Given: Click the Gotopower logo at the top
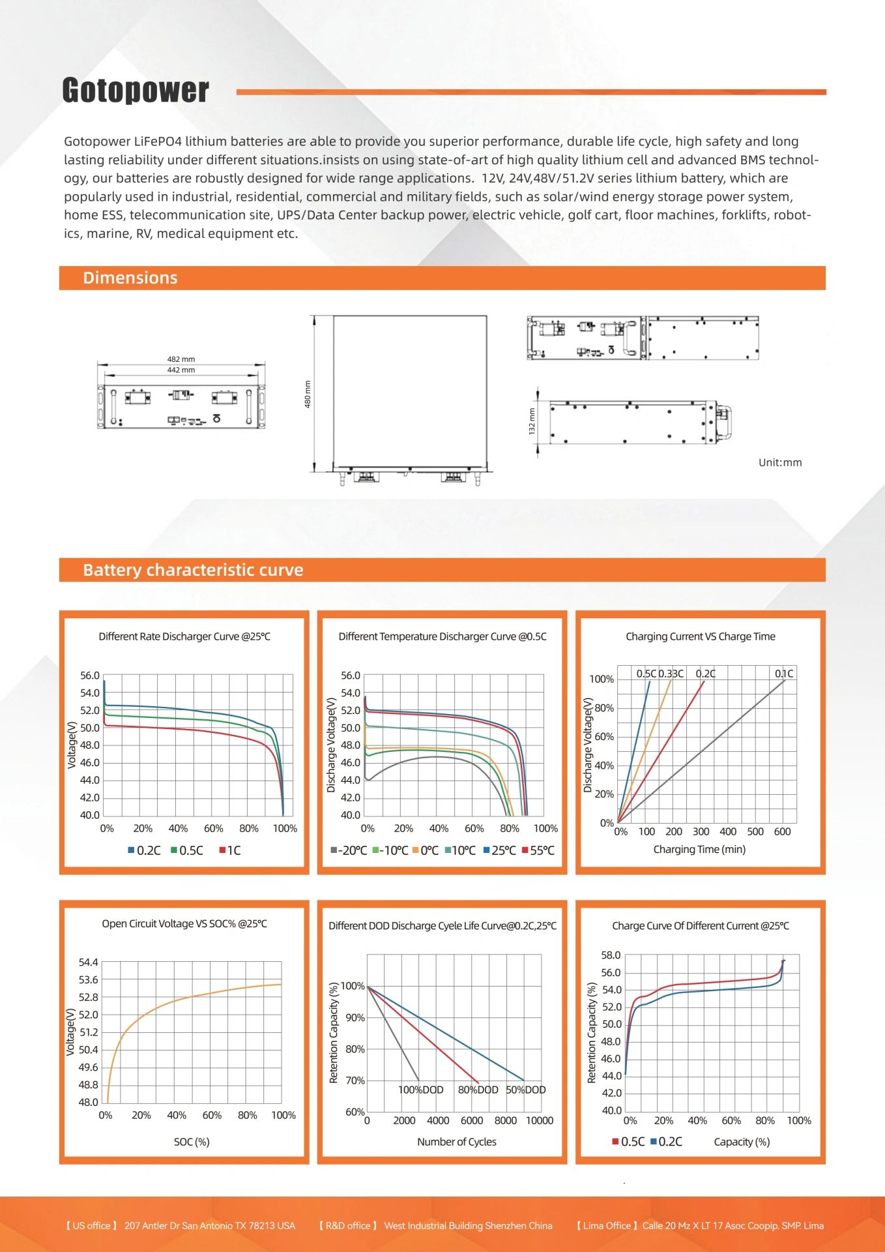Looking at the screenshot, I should point(136,90).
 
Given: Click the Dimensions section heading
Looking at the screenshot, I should point(130,278).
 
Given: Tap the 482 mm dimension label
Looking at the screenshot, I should point(181,359).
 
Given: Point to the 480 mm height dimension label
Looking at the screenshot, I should point(308,394).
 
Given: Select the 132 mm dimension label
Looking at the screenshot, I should point(532,421).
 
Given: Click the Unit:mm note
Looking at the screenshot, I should point(780,462).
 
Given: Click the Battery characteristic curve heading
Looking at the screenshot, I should point(193,570).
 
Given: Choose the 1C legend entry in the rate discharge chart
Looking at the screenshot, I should point(230,850).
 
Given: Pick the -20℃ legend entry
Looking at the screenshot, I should point(349,850).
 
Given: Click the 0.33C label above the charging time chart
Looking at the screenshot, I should point(671,674).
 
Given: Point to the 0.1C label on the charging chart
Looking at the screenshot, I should point(784,674).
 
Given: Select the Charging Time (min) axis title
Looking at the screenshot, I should point(699,849).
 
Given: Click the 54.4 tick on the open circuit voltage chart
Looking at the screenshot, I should point(88,962).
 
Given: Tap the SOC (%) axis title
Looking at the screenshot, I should point(192,1142).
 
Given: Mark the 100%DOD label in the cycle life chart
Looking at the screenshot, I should point(421,1090).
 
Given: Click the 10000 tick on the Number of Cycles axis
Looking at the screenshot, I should point(540,1120).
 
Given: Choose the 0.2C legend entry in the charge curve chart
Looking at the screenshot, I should point(667,1142).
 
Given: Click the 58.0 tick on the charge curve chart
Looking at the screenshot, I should point(611,955).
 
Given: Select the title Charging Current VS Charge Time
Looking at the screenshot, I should point(701,636).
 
